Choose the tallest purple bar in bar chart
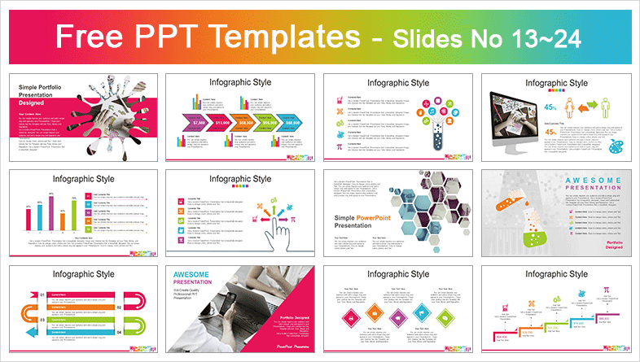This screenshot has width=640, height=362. tap(51, 213)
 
